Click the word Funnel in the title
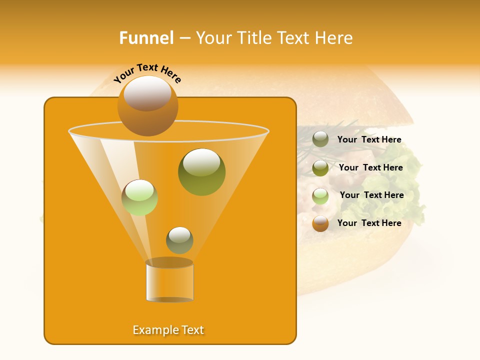click(146, 38)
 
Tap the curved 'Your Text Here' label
click(147, 73)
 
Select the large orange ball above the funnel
click(147, 105)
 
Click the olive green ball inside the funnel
click(201, 171)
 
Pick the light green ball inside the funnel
click(139, 197)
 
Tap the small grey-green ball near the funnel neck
click(179, 240)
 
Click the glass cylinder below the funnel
click(169, 281)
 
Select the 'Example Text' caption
click(168, 330)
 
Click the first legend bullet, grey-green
click(320, 139)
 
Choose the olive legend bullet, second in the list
click(320, 168)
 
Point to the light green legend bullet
click(320, 196)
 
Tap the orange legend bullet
click(320, 223)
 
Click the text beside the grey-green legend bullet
click(369, 140)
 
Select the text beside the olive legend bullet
click(370, 168)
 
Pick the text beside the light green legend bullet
click(371, 195)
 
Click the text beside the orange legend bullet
click(369, 223)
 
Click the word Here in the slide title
click(335, 38)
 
